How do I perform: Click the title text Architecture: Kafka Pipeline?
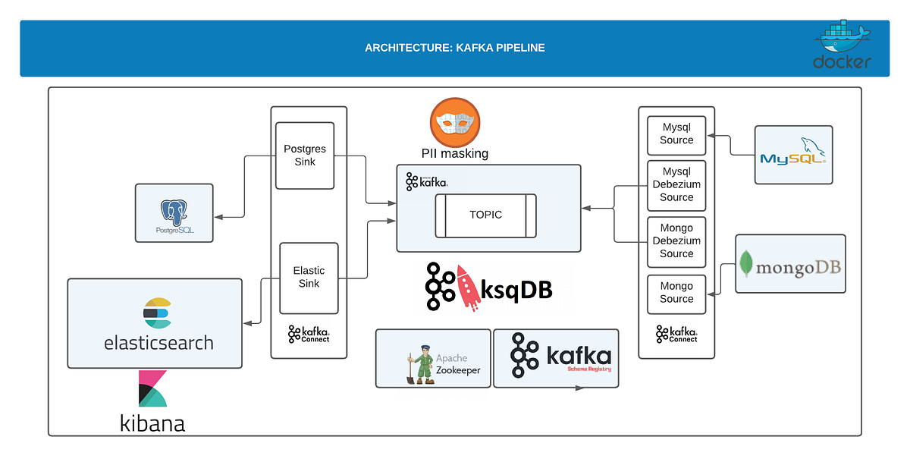(x=454, y=48)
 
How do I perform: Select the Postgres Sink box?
(x=305, y=156)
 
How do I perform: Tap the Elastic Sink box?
(x=309, y=278)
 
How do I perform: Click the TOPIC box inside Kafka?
(x=485, y=215)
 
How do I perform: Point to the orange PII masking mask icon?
(x=455, y=122)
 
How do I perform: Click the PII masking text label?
(x=454, y=153)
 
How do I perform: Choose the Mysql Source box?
(x=676, y=135)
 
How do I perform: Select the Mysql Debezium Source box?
(x=676, y=185)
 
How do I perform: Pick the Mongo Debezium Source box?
(x=676, y=242)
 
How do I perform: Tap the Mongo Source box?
(x=676, y=294)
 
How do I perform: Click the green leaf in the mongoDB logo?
(x=746, y=263)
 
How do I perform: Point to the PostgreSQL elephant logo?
(x=174, y=212)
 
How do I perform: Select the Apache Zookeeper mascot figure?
(x=421, y=364)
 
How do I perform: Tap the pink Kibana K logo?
(x=152, y=388)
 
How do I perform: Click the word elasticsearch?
(x=158, y=343)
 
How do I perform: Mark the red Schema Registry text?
(x=589, y=369)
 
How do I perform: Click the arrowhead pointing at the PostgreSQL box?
(x=218, y=217)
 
